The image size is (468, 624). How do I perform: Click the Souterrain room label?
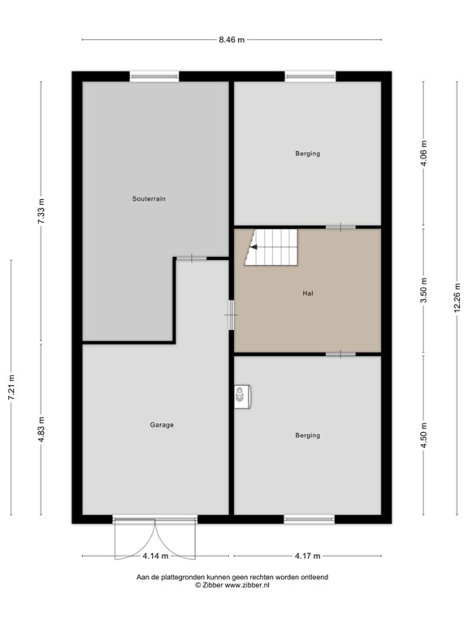149,199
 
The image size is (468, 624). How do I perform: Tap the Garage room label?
162,425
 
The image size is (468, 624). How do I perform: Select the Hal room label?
308,293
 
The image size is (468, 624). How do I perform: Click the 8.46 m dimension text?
232,40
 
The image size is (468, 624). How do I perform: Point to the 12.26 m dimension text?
457,298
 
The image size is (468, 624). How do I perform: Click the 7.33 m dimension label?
41,211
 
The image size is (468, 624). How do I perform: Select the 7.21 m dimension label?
11,387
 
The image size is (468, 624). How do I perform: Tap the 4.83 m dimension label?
41,429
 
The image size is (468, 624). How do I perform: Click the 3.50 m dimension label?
424,290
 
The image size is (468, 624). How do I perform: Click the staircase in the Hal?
271,247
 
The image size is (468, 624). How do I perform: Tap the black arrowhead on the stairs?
254,247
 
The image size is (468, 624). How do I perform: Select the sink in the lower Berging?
242,397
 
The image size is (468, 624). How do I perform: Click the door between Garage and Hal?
232,315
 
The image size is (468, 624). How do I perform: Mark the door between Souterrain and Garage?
191,258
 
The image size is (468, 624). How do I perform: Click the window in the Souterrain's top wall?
154,76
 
